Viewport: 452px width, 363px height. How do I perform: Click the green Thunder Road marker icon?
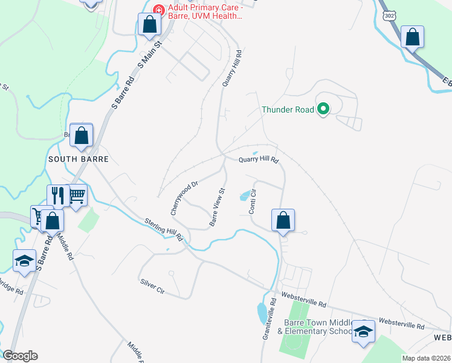(x=323, y=110)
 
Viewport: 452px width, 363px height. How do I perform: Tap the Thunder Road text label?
(x=288, y=110)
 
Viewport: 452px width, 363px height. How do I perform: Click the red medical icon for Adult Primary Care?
(x=159, y=10)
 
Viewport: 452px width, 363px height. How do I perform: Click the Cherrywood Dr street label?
(x=184, y=198)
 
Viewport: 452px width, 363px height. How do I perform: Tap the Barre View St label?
(x=217, y=207)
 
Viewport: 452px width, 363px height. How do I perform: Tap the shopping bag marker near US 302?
(x=412, y=37)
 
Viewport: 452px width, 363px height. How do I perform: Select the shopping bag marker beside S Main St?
(x=149, y=25)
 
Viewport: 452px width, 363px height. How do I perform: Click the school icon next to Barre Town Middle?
(x=363, y=331)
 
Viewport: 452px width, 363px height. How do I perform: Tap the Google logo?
(x=20, y=356)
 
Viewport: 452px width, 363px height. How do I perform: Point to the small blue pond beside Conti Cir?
(x=245, y=195)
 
